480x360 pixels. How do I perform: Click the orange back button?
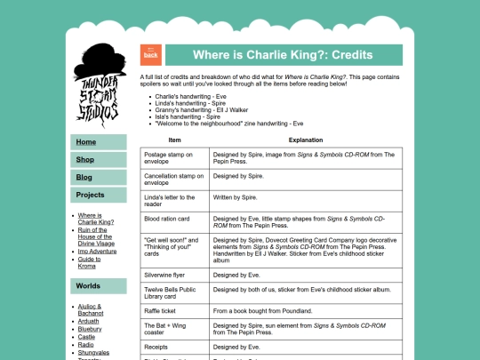click(150, 55)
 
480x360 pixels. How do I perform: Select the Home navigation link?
click(86, 142)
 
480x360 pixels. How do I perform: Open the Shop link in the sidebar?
click(85, 160)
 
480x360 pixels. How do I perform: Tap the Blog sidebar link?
click(84, 178)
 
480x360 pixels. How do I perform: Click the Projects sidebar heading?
click(91, 195)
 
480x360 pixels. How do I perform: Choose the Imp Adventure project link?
click(97, 251)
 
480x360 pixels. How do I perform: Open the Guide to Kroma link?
click(95, 261)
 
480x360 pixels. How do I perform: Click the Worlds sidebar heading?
click(88, 286)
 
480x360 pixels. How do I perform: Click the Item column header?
click(175, 140)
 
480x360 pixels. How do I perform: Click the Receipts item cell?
click(156, 347)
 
